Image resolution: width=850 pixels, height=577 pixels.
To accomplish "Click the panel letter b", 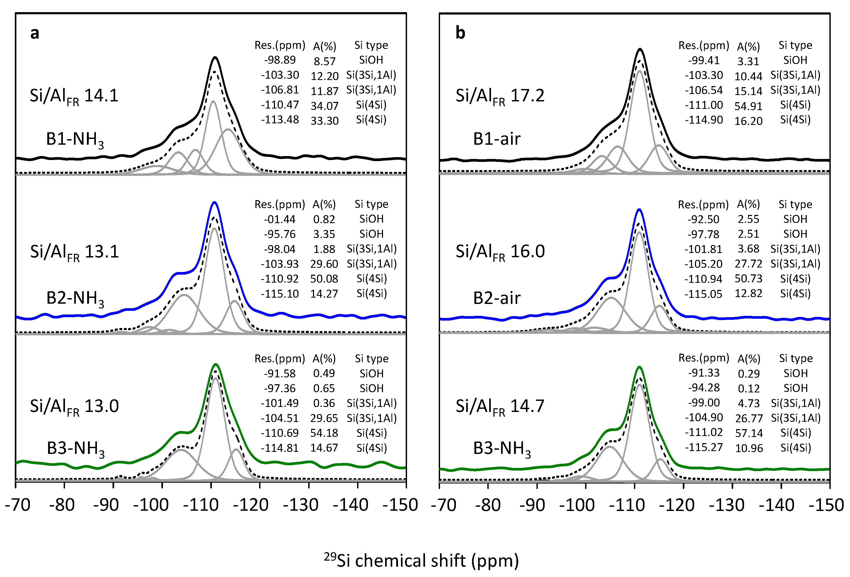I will click(460, 33).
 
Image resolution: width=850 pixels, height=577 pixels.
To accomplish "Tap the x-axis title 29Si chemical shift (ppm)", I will click(421, 561).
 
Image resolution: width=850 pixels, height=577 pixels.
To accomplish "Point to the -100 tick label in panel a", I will click(151, 505).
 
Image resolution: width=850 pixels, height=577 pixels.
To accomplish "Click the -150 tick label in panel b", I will click(826, 505).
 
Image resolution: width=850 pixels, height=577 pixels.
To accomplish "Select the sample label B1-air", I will click(496, 139).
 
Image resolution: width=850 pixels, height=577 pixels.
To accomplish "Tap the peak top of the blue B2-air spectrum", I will click(639, 209).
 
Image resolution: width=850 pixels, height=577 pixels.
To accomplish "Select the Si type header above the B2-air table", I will click(795, 204).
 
